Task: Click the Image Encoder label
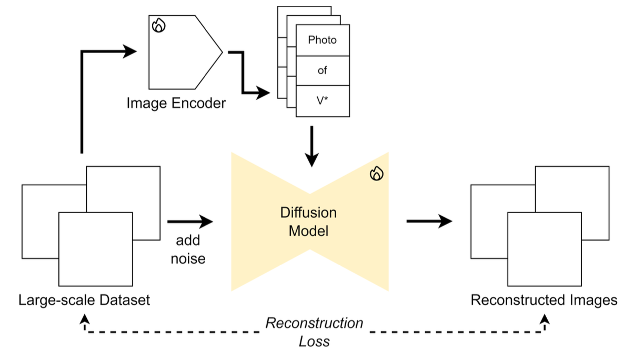pos(176,103)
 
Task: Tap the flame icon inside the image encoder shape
pos(159,25)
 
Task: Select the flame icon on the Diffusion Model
pos(376,174)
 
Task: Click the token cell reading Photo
pos(323,40)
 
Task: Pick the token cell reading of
pos(323,71)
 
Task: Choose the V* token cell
pos(323,101)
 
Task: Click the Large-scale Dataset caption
pos(84,301)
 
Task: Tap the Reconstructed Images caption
pos(544,301)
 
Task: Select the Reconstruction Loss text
pos(314,332)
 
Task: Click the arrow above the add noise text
pos(189,222)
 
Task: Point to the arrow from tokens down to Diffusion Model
pos(312,146)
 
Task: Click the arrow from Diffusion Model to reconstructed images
pos(429,222)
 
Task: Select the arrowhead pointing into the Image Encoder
pos(129,52)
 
